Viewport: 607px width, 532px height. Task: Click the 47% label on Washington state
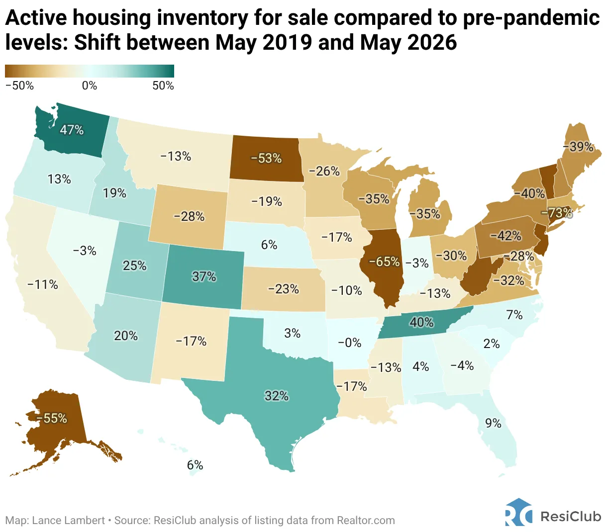(72, 130)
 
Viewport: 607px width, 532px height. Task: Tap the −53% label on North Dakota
(266, 158)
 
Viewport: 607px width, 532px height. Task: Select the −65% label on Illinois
(384, 262)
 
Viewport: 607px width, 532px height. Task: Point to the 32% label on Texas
(277, 396)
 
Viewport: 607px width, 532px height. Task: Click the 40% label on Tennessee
(421, 323)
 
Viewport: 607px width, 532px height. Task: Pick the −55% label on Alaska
(52, 418)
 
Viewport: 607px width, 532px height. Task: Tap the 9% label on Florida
(493, 423)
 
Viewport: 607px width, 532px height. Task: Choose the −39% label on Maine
(578, 147)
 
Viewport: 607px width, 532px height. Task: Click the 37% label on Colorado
(204, 276)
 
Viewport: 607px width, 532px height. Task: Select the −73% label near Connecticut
(557, 213)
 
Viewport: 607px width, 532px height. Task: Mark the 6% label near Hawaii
(195, 465)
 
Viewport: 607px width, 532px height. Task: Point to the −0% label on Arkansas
(350, 343)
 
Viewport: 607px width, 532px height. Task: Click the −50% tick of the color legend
(19, 86)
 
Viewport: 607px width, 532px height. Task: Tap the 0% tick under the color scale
(90, 86)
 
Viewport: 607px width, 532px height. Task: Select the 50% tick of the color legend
(163, 86)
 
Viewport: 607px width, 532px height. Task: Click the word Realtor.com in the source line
(366, 521)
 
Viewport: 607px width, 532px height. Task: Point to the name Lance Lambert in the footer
(68, 521)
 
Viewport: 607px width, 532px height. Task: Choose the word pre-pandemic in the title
(531, 18)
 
